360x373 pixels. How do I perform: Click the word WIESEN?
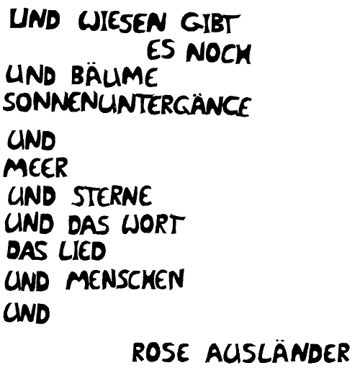(x=122, y=22)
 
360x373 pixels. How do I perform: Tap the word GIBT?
(x=211, y=24)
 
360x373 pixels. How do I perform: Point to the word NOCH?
(x=219, y=53)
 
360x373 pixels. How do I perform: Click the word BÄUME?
(x=114, y=76)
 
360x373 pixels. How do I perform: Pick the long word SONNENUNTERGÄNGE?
(x=127, y=105)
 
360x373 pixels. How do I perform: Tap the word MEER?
(x=35, y=167)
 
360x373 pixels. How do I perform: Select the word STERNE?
(x=112, y=196)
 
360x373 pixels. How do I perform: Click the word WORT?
(x=153, y=224)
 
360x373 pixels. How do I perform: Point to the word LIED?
(x=82, y=251)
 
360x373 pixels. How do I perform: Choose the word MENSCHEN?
(x=125, y=279)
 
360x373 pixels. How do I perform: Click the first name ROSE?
(x=161, y=352)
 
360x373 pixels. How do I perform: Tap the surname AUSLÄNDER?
(x=278, y=351)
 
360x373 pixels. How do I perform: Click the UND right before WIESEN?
(x=35, y=19)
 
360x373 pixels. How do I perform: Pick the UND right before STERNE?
(x=32, y=196)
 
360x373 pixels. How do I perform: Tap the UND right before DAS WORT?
(x=29, y=223)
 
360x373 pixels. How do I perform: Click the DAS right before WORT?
(x=88, y=225)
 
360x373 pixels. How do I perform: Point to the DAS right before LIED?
(x=27, y=250)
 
